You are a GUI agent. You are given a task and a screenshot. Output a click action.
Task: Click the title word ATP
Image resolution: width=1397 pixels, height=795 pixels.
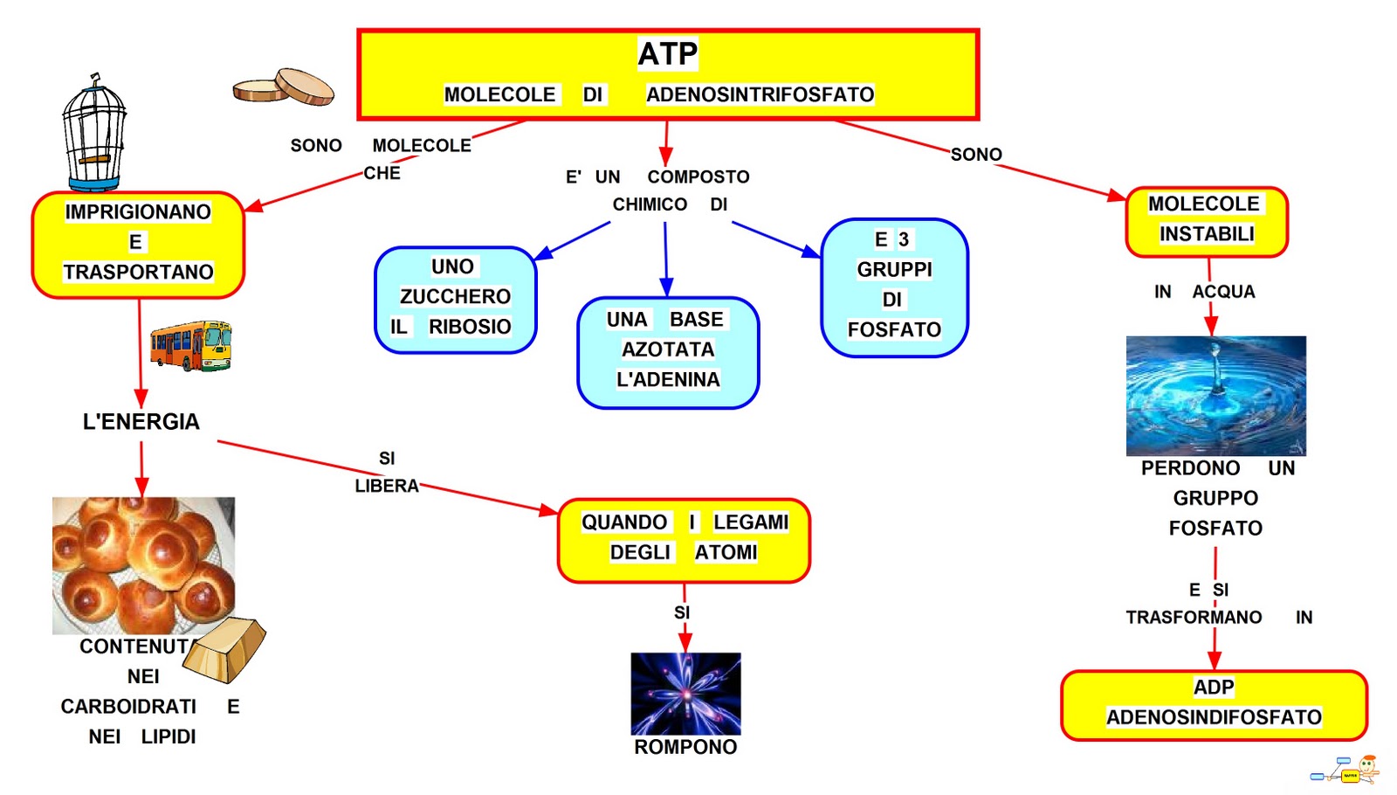point(667,54)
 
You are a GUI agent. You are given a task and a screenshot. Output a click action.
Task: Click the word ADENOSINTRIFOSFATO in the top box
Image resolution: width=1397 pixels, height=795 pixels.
point(760,94)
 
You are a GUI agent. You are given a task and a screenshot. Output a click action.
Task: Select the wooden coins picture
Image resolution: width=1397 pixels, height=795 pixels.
point(285,87)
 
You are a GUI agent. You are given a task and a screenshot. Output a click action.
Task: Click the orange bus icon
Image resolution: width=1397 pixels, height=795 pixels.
point(190,345)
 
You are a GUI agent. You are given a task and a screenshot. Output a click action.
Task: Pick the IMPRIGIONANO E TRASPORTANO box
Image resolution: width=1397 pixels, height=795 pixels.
point(138,244)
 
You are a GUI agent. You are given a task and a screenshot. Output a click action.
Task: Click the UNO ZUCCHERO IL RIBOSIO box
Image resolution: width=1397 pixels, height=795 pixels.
point(455,299)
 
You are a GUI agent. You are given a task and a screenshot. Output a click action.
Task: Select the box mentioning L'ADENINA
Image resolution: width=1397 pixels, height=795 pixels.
point(668,352)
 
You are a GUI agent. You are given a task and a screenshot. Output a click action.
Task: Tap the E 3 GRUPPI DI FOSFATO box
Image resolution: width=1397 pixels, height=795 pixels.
point(894,287)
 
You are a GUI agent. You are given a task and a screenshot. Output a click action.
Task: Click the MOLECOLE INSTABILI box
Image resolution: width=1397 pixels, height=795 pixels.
point(1206,221)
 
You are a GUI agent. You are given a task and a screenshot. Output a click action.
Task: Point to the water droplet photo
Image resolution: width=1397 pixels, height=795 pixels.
point(1215,395)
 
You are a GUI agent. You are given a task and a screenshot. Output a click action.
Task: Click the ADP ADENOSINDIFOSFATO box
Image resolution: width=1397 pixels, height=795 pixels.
point(1214,704)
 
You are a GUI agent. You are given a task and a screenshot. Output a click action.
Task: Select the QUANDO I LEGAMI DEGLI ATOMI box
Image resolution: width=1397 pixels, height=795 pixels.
point(684,539)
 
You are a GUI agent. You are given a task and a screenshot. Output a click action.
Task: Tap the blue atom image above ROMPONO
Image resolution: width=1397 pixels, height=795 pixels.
point(685,694)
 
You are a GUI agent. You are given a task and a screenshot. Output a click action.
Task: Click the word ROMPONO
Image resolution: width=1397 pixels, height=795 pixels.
point(685,747)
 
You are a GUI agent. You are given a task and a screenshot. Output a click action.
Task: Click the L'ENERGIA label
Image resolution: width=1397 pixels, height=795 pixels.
point(141,422)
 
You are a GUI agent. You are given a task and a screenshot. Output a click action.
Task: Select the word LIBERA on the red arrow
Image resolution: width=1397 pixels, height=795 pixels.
point(387,486)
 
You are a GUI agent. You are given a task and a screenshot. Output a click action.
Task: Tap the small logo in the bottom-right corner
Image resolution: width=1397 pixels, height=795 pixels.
point(1348,771)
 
